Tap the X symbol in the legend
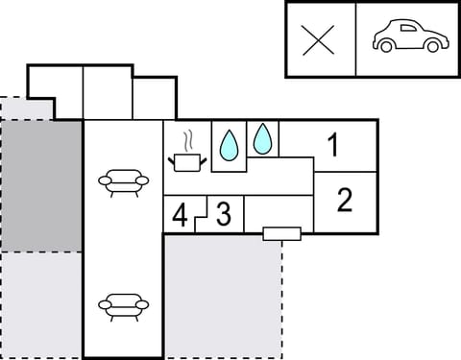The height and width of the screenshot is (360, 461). pyautogui.click(x=319, y=40)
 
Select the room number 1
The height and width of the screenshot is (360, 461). pyautogui.click(x=332, y=147)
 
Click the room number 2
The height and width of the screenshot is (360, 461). pyautogui.click(x=345, y=200)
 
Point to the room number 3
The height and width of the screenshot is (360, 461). pyautogui.click(x=223, y=213)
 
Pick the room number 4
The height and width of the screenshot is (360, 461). pyautogui.click(x=180, y=215)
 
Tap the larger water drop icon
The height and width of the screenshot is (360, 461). pyautogui.click(x=229, y=145)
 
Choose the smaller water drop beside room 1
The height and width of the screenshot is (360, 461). pyautogui.click(x=262, y=139)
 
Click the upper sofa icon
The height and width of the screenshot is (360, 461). pyautogui.click(x=124, y=180)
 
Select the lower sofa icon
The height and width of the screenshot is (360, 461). pyautogui.click(x=124, y=307)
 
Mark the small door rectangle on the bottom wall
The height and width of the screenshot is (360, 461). pyautogui.click(x=281, y=232)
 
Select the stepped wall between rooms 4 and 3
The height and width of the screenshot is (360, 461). pyautogui.click(x=201, y=216)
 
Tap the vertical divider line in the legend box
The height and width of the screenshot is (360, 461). pyautogui.click(x=356, y=39)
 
